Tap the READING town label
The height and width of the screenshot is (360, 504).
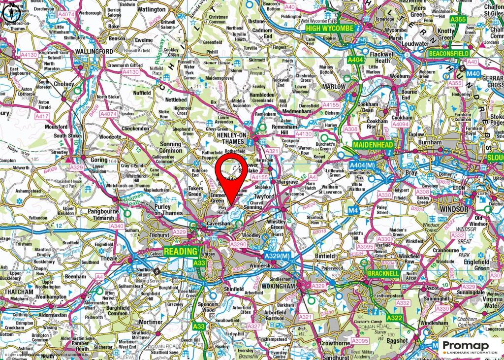coord(181,252)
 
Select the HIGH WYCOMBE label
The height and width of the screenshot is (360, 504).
coord(329,28)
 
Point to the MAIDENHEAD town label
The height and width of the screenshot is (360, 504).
coord(373,146)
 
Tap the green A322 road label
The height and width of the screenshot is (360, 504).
coord(395,318)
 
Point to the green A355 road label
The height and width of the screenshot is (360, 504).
coord(458,19)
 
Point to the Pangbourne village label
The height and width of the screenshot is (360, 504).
coord(102,210)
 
